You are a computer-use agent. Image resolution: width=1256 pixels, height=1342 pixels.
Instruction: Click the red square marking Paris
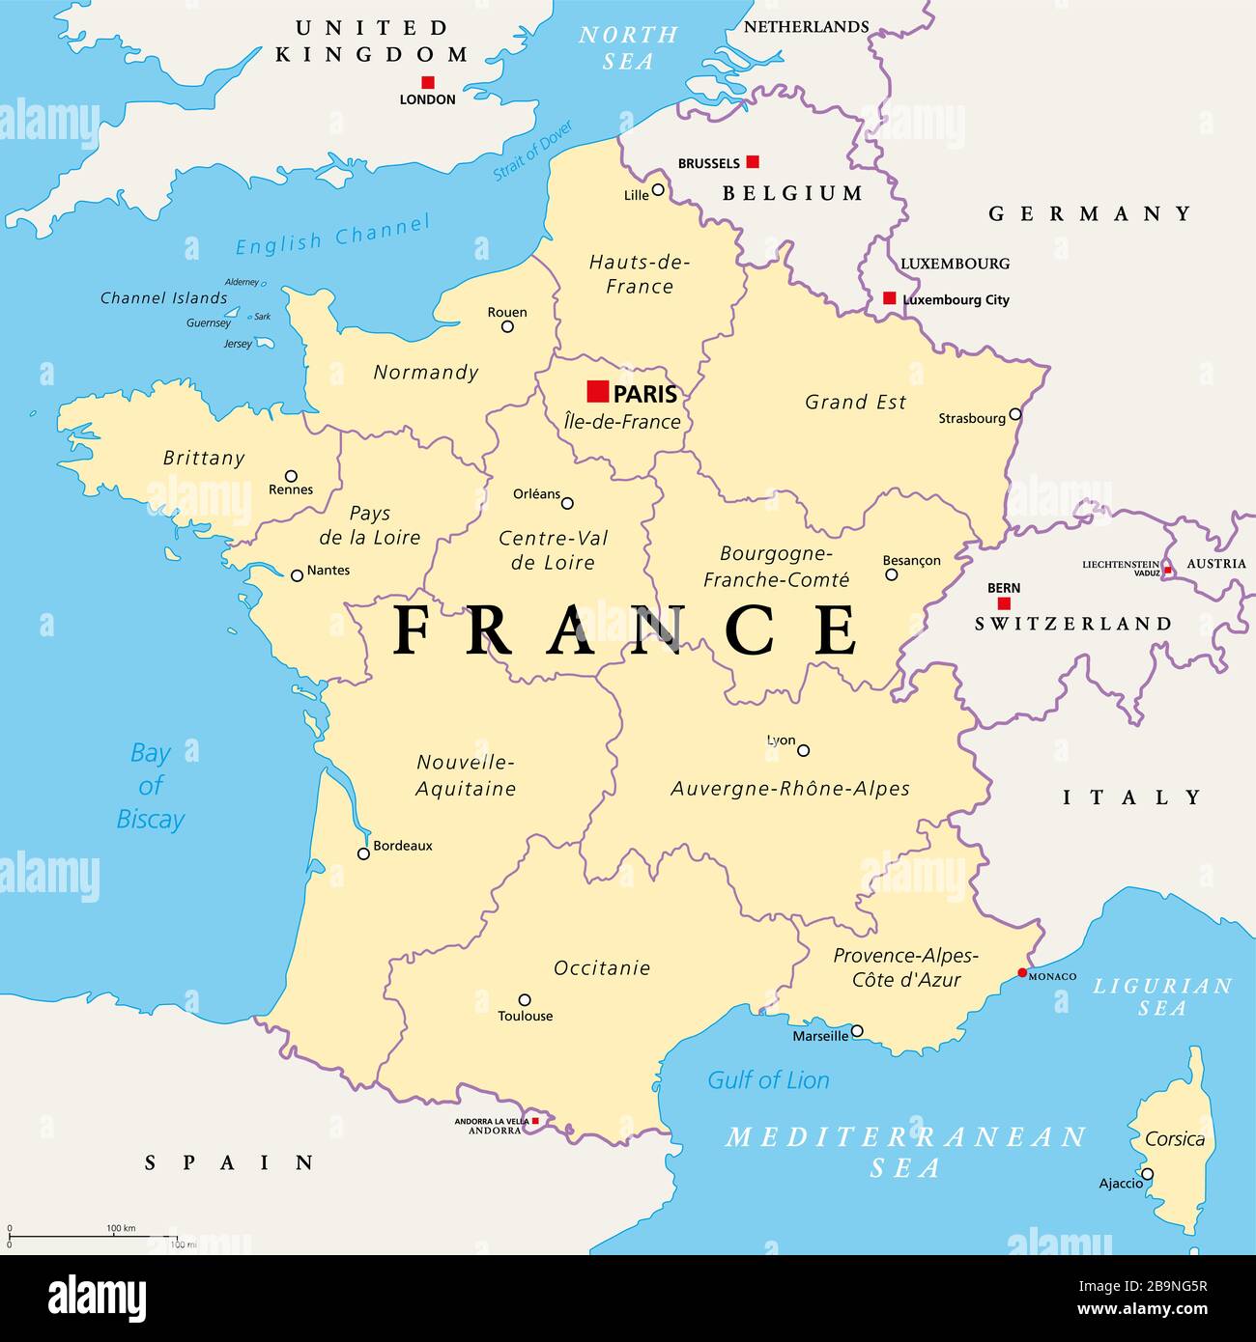coord(598,391)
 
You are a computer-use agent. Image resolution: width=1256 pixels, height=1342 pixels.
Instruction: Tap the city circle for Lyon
coord(803,750)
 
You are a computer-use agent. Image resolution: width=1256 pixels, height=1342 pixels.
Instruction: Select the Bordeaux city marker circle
coord(363,853)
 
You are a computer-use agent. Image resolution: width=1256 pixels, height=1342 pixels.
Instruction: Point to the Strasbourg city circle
coord(1014,415)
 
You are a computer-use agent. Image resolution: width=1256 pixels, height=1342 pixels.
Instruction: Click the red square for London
coord(428,82)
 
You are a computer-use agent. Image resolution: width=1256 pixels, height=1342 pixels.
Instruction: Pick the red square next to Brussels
coord(753,161)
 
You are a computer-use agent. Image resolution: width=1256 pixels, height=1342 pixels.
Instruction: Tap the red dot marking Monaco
coord(1022,972)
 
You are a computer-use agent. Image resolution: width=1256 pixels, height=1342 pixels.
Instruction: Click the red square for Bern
coord(1004,603)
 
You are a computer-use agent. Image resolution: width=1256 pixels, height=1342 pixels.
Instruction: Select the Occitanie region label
coord(602,967)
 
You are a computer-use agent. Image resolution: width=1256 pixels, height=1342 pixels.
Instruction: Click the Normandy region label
coord(425,372)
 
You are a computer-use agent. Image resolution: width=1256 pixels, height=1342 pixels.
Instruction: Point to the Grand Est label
coord(855,402)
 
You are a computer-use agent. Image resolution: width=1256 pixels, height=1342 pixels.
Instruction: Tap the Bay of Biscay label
coord(151,786)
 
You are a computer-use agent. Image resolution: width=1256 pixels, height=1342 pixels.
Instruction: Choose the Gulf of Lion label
coord(768,1080)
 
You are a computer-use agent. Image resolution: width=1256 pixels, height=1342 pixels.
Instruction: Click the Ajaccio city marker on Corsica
coord(1147,1175)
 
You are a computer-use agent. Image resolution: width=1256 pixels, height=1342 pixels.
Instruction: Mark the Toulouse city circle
coord(525,1000)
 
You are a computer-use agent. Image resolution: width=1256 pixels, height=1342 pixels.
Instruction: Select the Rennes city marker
coord(291,476)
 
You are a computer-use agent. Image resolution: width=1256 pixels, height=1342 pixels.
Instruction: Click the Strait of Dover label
coord(533,151)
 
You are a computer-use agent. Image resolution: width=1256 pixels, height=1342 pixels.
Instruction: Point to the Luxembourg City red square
coord(889,298)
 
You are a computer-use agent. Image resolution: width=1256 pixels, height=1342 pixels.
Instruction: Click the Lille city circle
coord(658,189)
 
